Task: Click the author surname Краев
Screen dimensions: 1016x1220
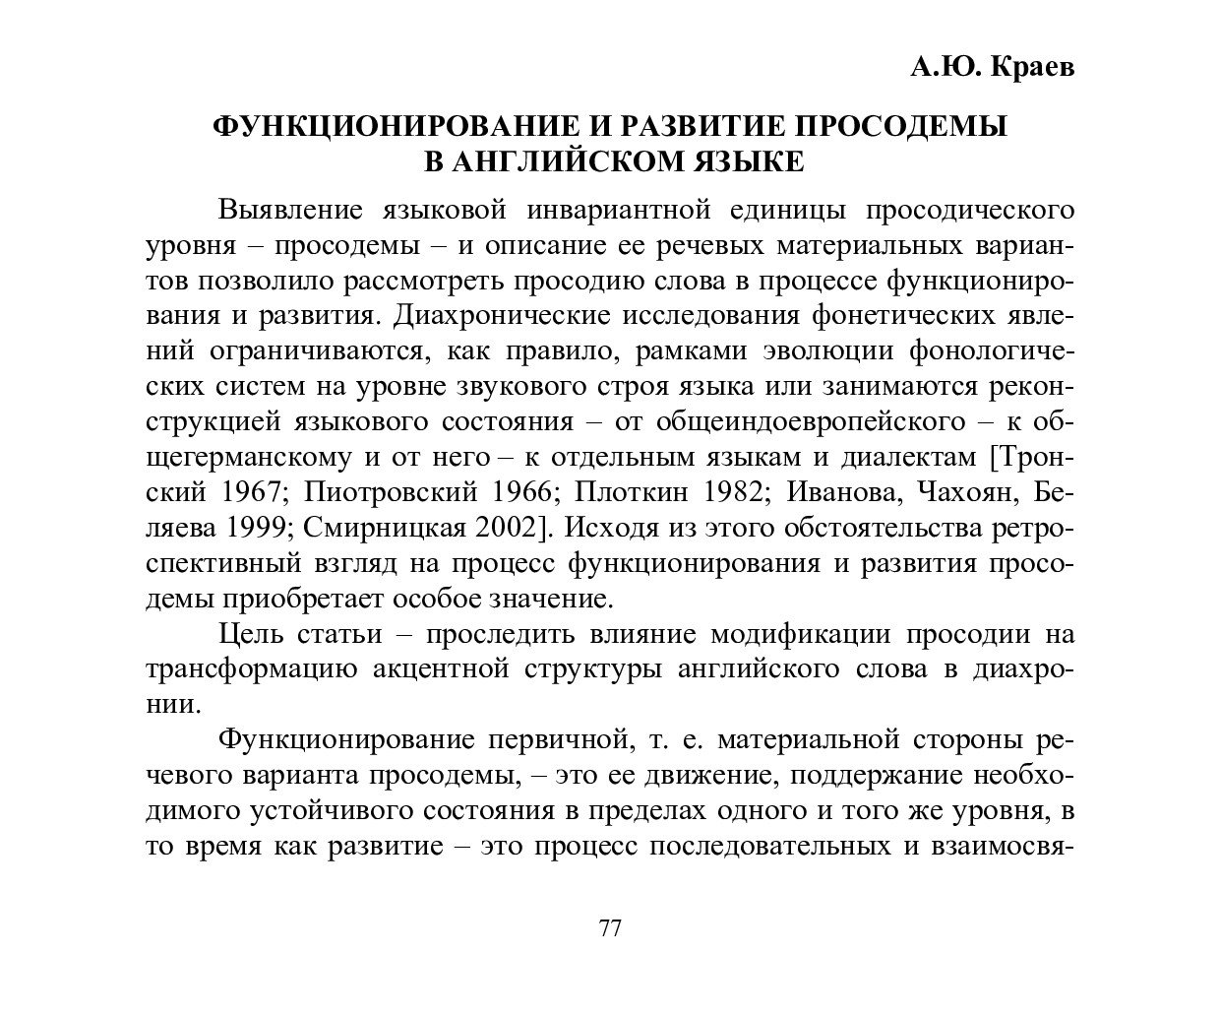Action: click(x=1029, y=67)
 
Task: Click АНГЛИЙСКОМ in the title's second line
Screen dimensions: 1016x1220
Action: click(x=558, y=160)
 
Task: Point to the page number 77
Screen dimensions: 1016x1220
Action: click(x=610, y=928)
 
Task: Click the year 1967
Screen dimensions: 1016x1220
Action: click(x=247, y=492)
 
